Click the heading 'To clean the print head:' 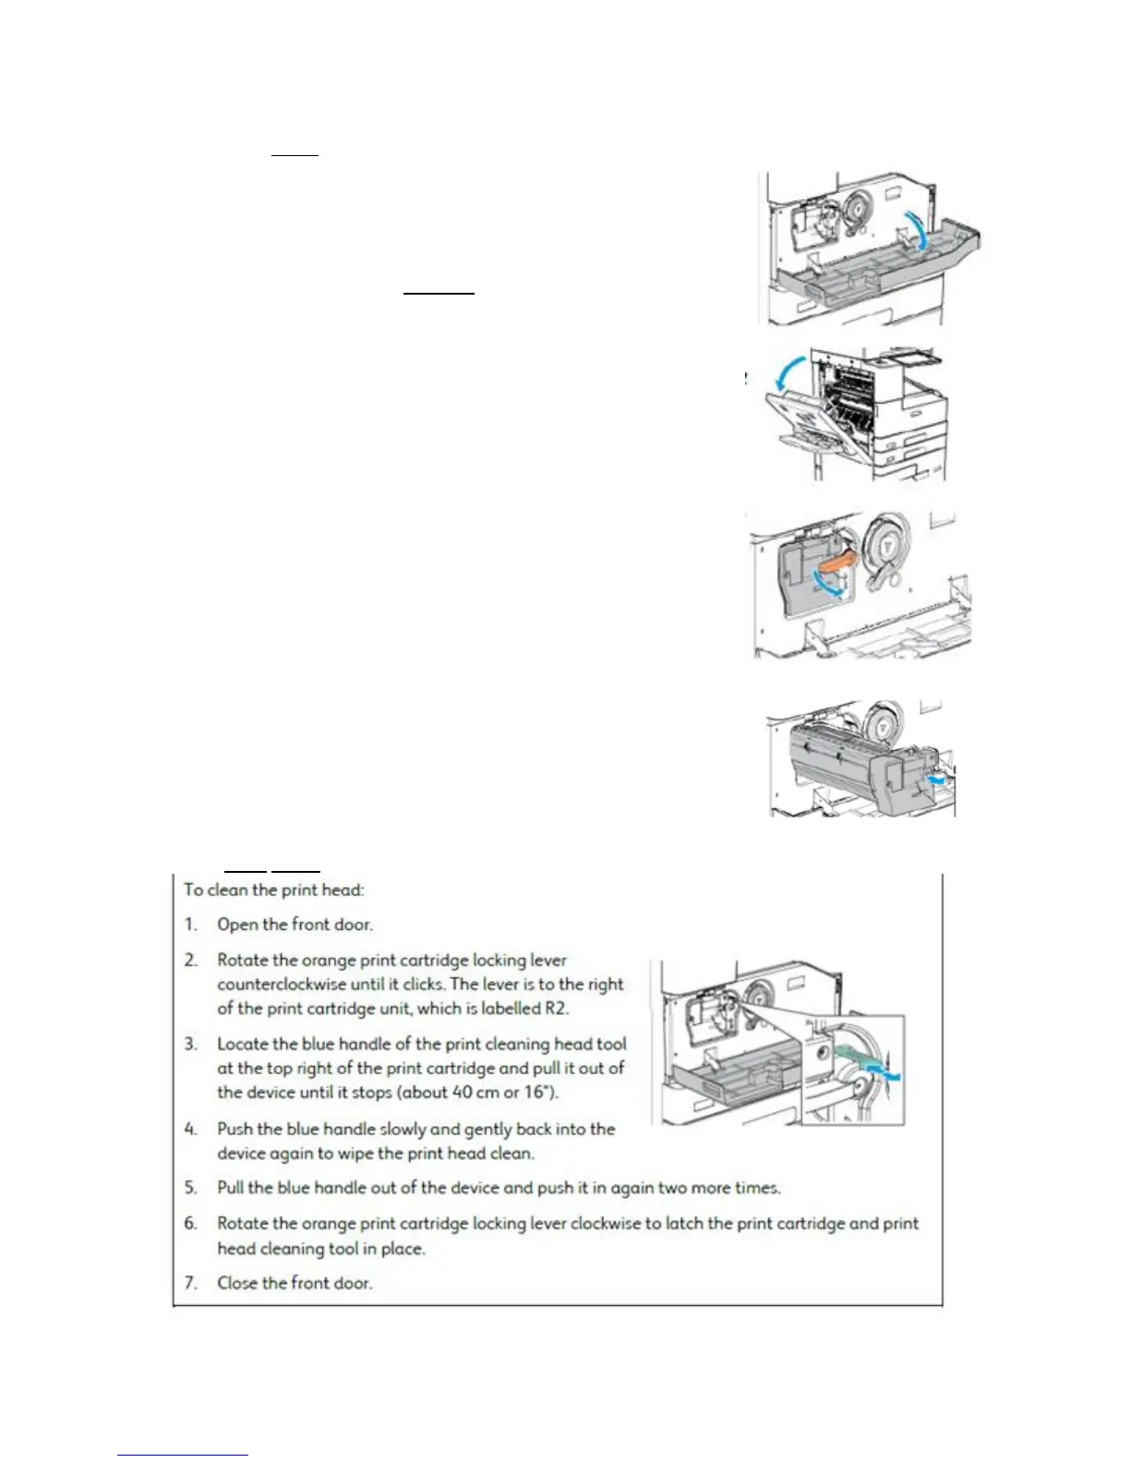click(x=274, y=890)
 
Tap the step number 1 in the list click(x=190, y=925)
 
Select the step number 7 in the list click(x=190, y=1283)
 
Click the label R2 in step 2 click(x=556, y=1009)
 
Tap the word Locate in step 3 click(x=242, y=1045)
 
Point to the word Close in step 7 click(x=237, y=1283)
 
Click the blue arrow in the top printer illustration click(x=916, y=229)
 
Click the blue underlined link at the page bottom click(x=183, y=1455)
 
